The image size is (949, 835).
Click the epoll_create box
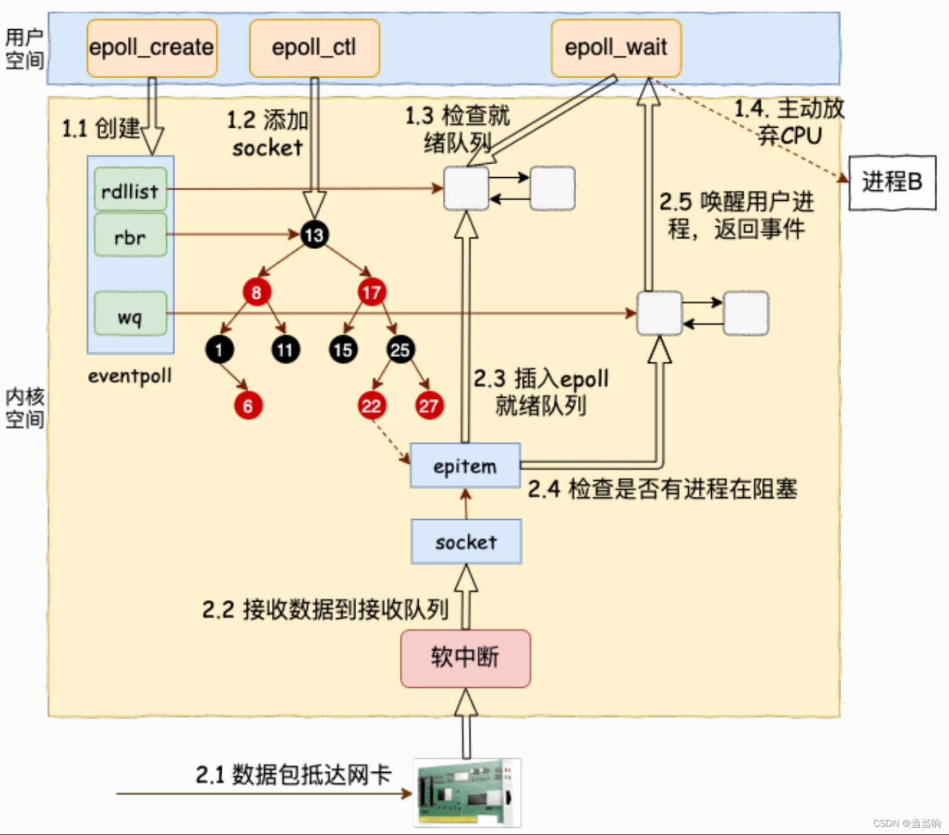click(x=152, y=48)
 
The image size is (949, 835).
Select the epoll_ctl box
click(x=314, y=48)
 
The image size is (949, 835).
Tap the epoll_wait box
click(x=616, y=48)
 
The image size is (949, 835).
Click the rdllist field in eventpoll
click(x=130, y=191)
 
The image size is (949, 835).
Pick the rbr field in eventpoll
click(x=130, y=236)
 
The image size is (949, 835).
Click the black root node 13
click(x=314, y=235)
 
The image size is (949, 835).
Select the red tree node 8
click(x=257, y=293)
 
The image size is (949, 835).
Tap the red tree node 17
click(x=372, y=293)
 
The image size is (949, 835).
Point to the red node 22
click(x=372, y=406)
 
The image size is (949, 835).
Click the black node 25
click(x=400, y=350)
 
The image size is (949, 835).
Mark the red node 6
click(x=248, y=406)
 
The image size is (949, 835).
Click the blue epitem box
click(x=465, y=466)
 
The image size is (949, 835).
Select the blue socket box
click(x=466, y=542)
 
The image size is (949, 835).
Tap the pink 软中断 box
click(x=465, y=658)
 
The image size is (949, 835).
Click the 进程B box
click(x=892, y=182)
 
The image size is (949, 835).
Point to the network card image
click(x=467, y=793)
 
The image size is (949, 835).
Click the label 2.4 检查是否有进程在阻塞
click(x=662, y=489)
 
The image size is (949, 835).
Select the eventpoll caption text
click(x=130, y=376)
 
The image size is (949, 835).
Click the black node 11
click(x=285, y=350)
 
